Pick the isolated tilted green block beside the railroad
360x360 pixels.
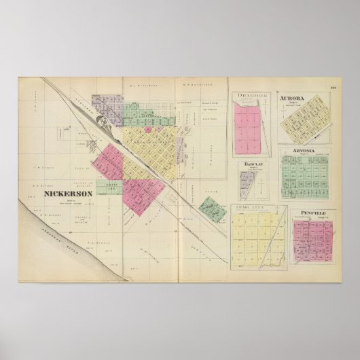point(212,210)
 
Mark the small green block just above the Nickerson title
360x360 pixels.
point(108,185)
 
